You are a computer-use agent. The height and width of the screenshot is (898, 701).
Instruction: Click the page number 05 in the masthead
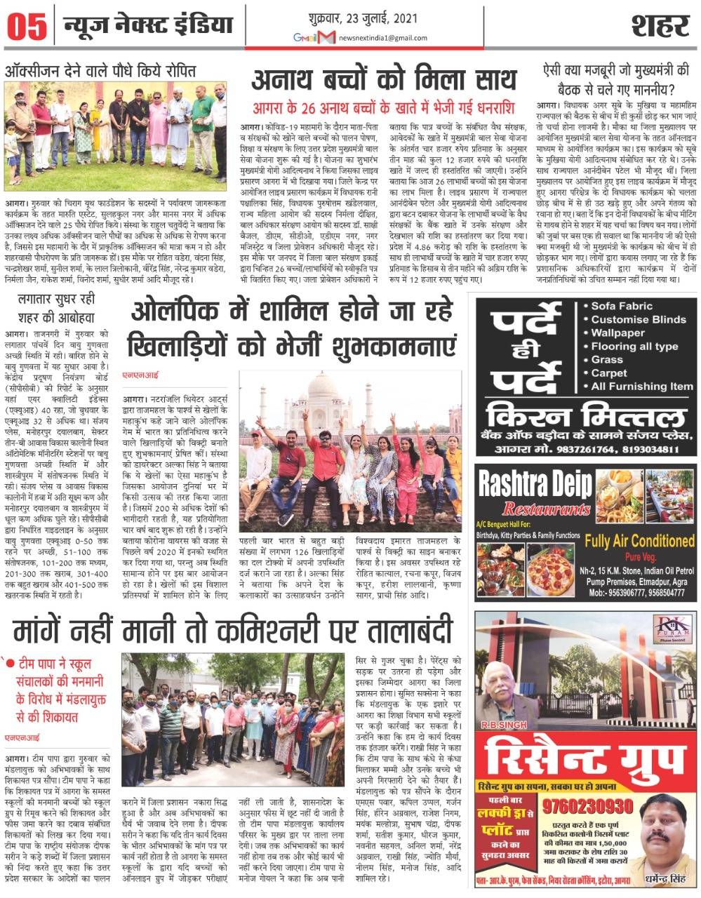point(27,27)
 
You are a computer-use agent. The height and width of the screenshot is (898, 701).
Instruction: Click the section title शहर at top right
point(658,26)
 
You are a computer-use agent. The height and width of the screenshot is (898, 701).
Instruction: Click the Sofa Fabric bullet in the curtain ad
point(621,306)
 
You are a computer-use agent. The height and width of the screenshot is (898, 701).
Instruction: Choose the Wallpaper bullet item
point(617,333)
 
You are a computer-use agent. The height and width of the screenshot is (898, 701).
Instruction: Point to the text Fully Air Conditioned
point(639,541)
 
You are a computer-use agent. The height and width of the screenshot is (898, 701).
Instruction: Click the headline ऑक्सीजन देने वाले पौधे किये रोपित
point(100,71)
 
